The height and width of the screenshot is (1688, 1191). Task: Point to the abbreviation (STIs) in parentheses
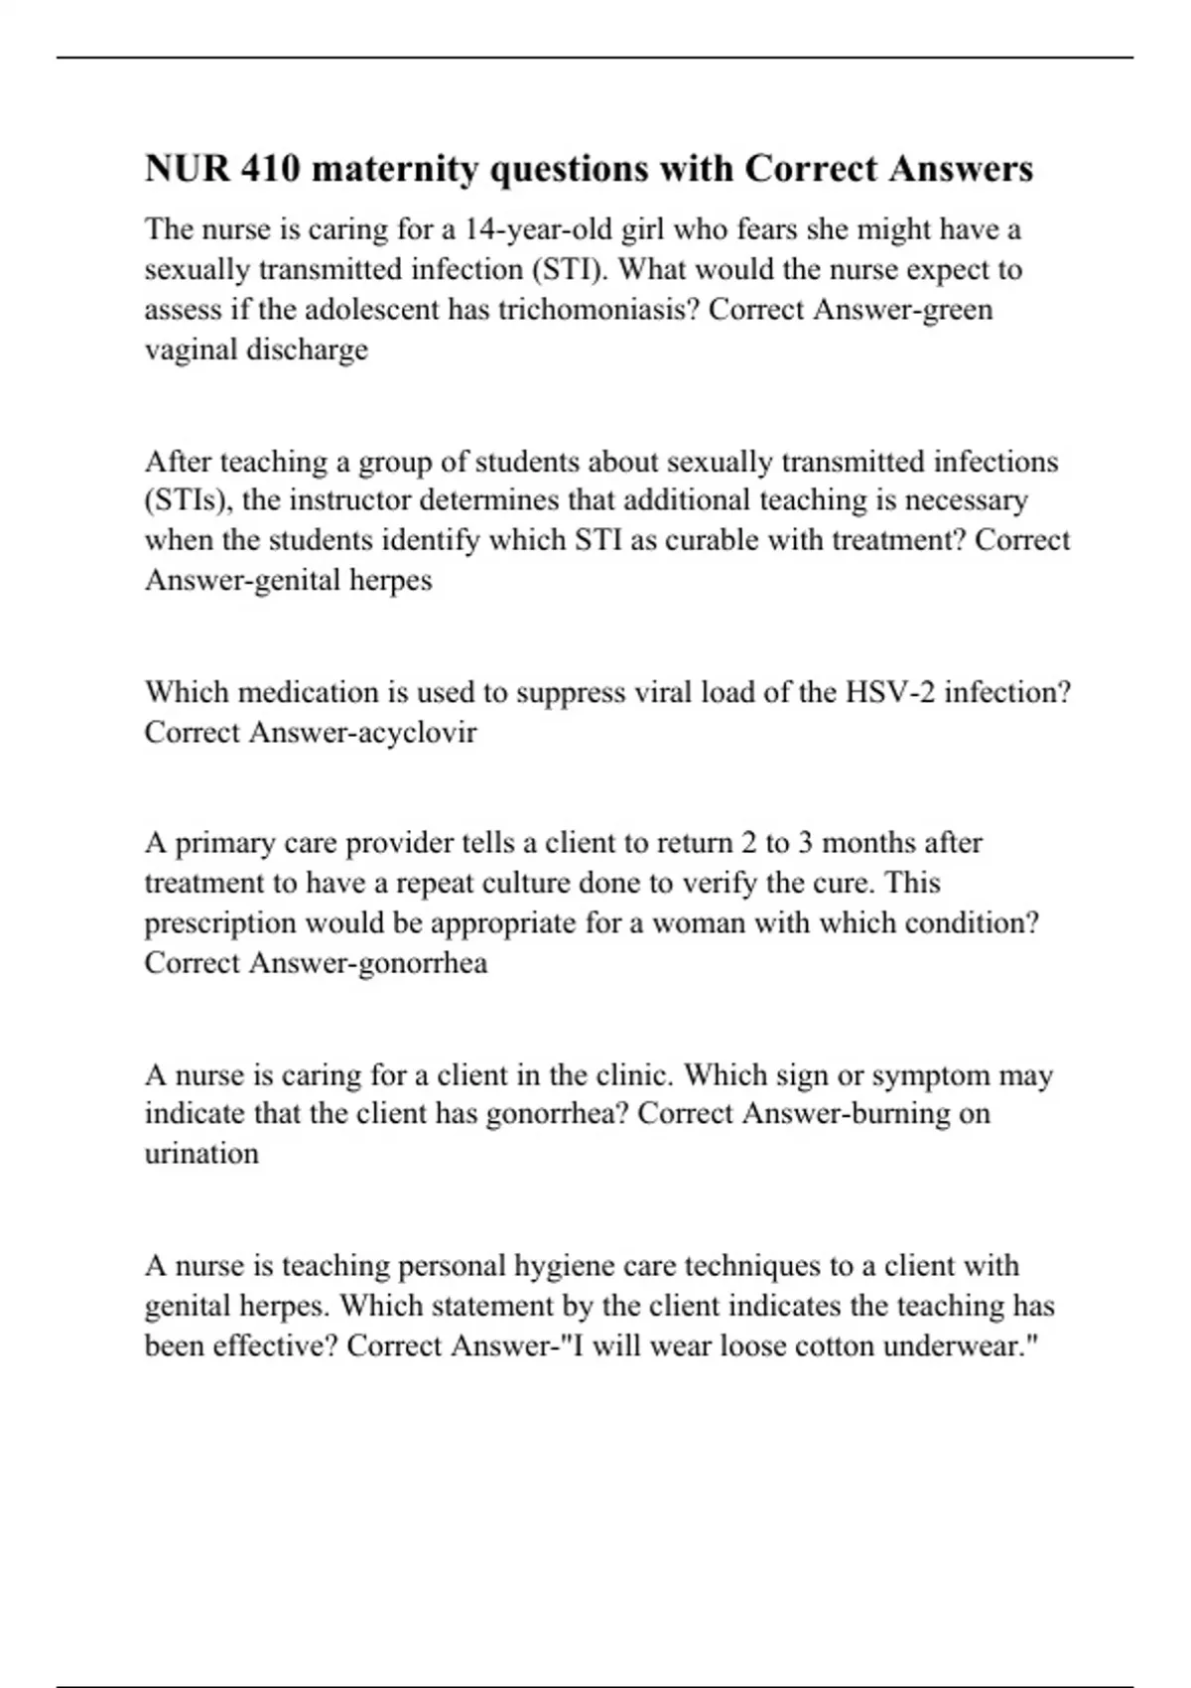(x=189, y=499)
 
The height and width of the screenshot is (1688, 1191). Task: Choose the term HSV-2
(x=889, y=692)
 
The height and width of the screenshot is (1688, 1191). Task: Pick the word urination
(x=201, y=1154)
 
